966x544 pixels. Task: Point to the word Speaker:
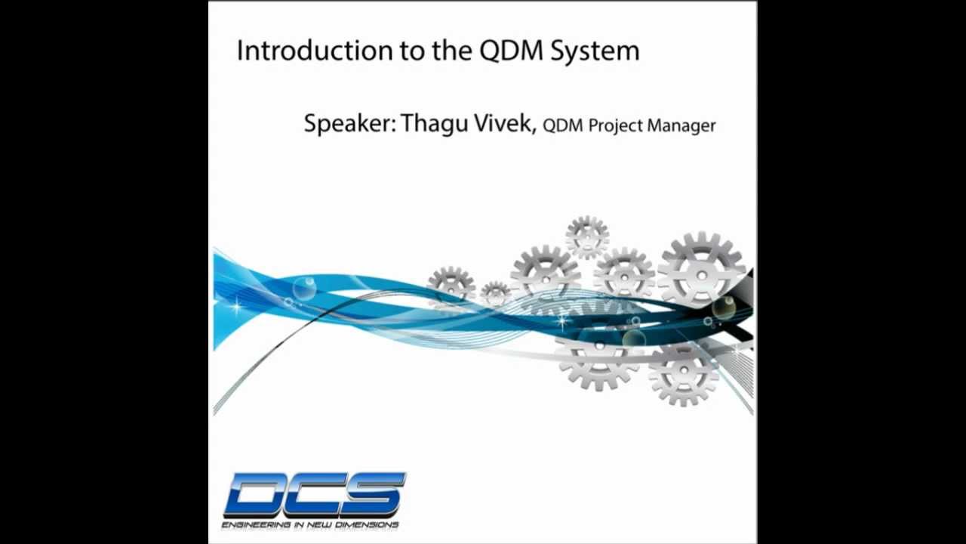pyautogui.click(x=349, y=124)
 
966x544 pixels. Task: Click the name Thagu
pyautogui.click(x=433, y=123)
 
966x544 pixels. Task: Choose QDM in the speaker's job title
pyautogui.click(x=563, y=125)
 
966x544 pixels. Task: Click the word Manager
pyautogui.click(x=681, y=126)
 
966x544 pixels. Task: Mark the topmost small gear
pyautogui.click(x=587, y=236)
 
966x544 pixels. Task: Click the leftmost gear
pyautogui.click(x=451, y=287)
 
